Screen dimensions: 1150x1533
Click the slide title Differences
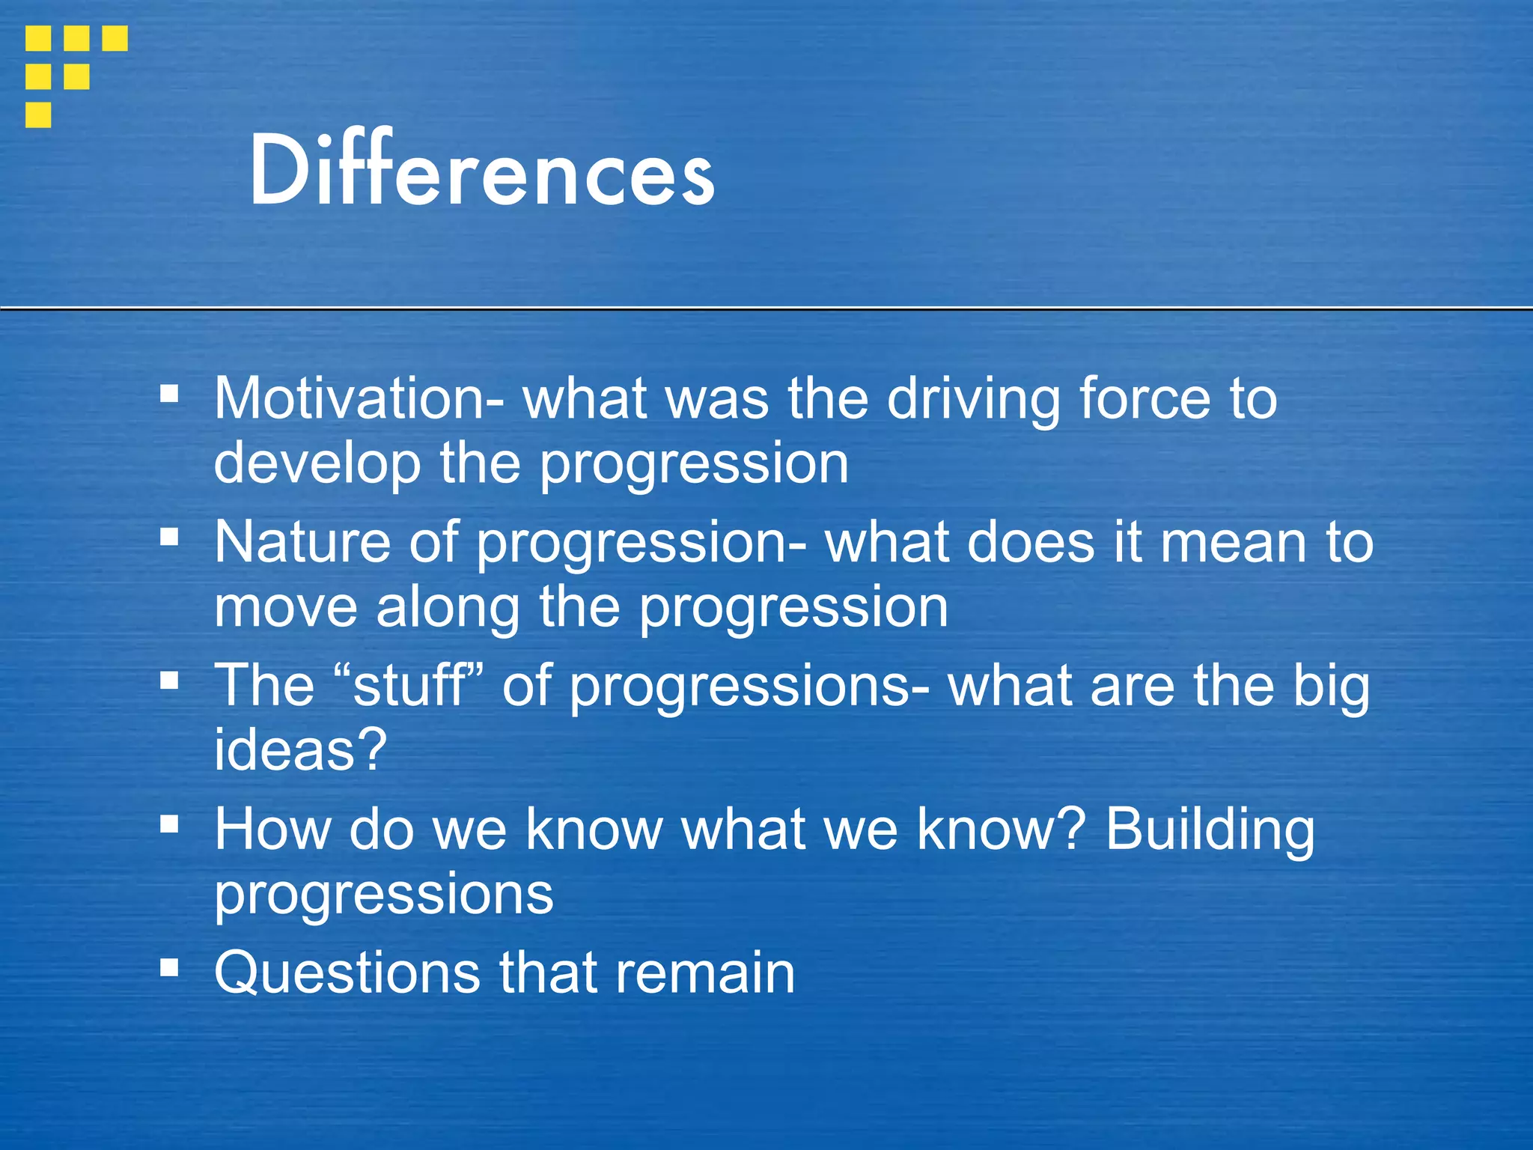click(x=481, y=171)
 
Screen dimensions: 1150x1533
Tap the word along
click(x=448, y=606)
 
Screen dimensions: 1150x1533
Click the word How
click(x=272, y=830)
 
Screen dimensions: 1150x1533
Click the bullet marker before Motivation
click(x=170, y=393)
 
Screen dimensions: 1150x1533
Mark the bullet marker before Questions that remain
click(x=170, y=968)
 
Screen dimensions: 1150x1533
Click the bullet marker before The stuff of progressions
click(x=170, y=681)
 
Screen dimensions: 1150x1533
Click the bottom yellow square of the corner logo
click(x=38, y=115)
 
